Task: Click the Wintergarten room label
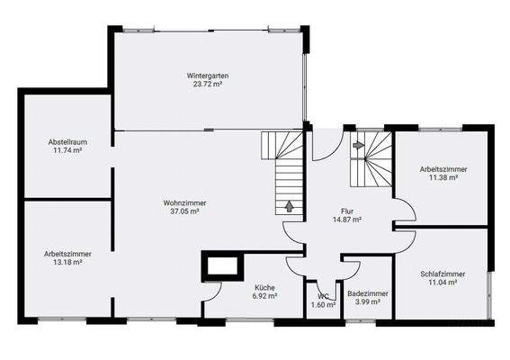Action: click(207, 76)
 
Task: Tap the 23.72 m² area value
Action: click(207, 85)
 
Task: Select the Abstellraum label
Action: click(67, 142)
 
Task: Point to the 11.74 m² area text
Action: click(67, 151)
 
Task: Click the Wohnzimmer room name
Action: click(184, 203)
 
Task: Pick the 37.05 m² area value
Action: click(184, 212)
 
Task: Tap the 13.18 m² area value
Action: click(67, 263)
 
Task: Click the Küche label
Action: click(264, 286)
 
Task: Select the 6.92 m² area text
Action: click(264, 295)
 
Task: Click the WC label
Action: click(323, 296)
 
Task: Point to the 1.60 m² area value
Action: click(323, 305)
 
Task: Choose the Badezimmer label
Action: click(367, 293)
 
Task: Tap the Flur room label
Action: click(346, 210)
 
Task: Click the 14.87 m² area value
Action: click(346, 219)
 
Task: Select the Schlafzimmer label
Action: click(443, 274)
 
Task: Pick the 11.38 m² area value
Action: click(443, 177)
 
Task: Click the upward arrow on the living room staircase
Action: click(288, 205)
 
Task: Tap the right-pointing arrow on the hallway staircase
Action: click(358, 144)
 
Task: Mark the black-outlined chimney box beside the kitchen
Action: click(221, 266)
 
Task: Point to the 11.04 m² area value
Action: click(443, 283)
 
